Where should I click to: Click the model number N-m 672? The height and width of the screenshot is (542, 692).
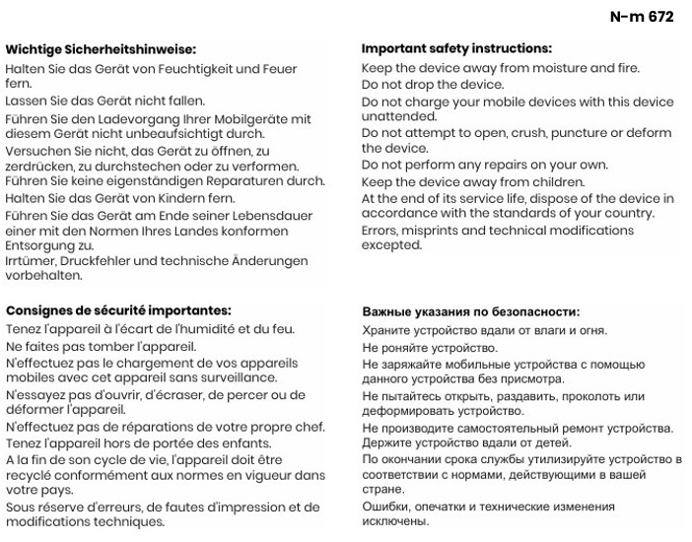641,17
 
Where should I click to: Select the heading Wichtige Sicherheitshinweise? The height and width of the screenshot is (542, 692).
101,48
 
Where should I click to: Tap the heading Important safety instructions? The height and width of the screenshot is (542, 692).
456,48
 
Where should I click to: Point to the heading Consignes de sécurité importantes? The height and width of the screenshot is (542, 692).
118,310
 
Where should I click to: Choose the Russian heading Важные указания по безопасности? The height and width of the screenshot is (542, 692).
470,311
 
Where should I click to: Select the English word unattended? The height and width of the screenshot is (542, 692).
398,115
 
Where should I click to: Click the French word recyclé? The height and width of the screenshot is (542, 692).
31,475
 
